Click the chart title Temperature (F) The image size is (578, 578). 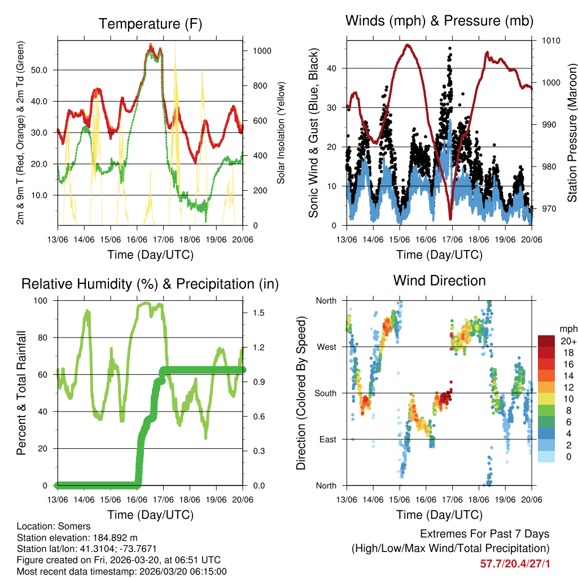point(150,24)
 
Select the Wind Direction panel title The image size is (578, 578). point(439,281)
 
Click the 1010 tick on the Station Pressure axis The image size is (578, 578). point(550,41)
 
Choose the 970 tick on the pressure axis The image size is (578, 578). point(548,209)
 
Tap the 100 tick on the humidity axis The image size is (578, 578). point(43,300)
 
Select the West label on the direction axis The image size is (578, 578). point(326,347)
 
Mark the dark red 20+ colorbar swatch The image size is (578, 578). point(548,341)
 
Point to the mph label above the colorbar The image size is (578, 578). point(567,329)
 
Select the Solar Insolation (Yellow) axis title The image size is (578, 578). point(281,133)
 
